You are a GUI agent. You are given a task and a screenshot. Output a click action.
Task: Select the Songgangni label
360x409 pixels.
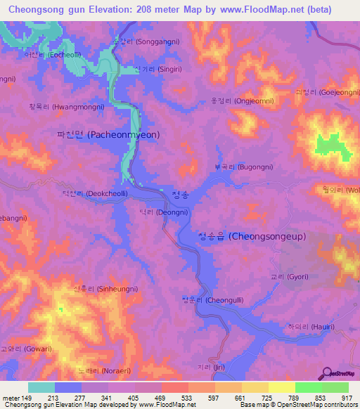click(146, 41)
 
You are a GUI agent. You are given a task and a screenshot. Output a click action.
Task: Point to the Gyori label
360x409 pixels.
click(288, 278)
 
